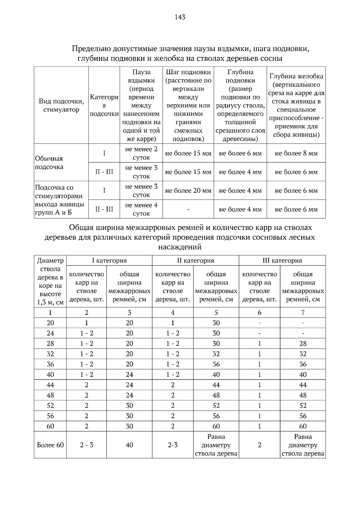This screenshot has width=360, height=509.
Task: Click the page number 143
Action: [x=180, y=17]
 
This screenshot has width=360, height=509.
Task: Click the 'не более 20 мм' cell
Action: [x=188, y=191]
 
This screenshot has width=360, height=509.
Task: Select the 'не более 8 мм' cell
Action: [x=296, y=153]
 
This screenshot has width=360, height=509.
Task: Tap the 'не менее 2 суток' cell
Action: [x=141, y=153]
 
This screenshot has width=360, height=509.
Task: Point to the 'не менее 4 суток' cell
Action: [x=141, y=209]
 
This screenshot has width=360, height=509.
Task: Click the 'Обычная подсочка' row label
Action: [x=49, y=162]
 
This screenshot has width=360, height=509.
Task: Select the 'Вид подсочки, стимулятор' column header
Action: [x=61, y=105]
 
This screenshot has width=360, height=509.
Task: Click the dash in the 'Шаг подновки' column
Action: [x=188, y=209]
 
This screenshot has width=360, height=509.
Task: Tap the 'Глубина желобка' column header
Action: [x=296, y=105]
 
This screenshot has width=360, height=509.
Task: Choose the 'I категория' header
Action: [x=109, y=260]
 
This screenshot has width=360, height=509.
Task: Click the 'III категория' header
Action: [x=282, y=260]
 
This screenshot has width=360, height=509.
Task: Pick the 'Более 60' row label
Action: [x=50, y=445]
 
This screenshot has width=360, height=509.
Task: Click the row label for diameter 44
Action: [x=50, y=385]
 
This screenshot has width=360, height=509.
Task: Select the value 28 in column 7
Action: [x=303, y=344]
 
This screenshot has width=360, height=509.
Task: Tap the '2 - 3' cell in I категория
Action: [x=86, y=445]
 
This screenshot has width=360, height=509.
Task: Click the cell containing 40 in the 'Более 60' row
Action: [x=129, y=445]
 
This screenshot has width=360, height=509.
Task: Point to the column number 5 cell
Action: [x=216, y=313]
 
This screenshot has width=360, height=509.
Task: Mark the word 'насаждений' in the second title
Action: [x=180, y=247]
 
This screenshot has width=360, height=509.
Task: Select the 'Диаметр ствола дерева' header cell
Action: [x=50, y=281]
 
